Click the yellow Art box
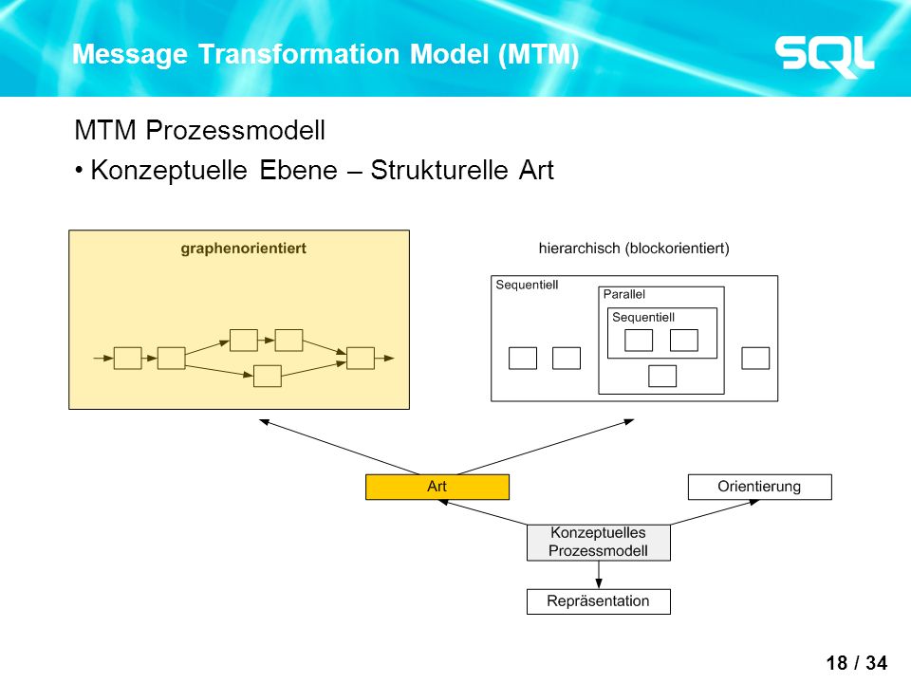point(437,487)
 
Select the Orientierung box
point(759,487)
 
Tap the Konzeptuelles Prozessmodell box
point(599,543)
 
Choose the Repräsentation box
point(599,601)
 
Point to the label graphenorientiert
point(244,249)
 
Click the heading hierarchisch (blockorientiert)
point(634,249)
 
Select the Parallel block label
point(624,294)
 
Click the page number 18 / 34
point(856,663)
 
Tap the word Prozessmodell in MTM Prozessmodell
point(235,130)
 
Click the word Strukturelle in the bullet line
point(438,170)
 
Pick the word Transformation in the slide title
point(299,54)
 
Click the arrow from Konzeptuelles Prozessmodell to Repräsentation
point(599,575)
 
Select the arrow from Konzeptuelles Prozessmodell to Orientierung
point(715,512)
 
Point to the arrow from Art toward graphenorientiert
point(340,447)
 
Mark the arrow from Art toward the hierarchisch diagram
point(546,447)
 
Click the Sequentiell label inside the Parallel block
point(643,317)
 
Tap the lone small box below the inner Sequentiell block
point(662,376)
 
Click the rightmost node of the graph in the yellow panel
point(361,359)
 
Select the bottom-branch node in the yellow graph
point(268,376)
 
